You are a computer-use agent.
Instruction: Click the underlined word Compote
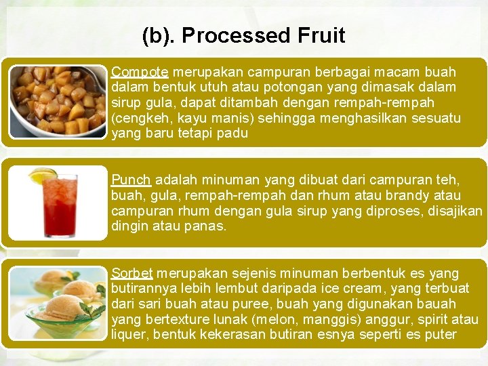coord(140,72)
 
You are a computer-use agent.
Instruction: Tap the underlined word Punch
coord(131,180)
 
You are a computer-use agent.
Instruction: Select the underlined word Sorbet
coord(132,273)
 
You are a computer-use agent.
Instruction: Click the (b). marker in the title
coord(159,35)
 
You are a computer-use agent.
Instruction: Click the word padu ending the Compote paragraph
coord(233,134)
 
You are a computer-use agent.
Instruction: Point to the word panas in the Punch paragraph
coord(206,226)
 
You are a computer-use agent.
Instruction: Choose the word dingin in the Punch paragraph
coord(130,226)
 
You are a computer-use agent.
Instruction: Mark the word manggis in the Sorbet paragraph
coord(314,319)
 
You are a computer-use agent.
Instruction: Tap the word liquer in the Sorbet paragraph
coord(127,335)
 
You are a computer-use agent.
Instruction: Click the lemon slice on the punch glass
coord(42,176)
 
